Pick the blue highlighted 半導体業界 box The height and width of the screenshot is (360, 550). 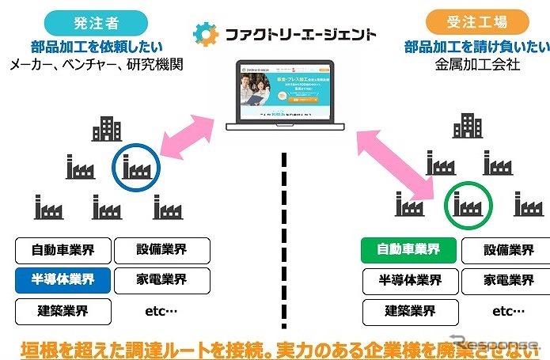pyautogui.click(x=63, y=279)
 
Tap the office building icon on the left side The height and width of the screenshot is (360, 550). pyautogui.click(x=107, y=129)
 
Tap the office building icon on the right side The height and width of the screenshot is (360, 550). pyautogui.click(x=468, y=127)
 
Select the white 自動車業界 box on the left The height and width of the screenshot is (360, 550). pyautogui.click(x=63, y=251)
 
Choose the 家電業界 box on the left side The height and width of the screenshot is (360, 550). pyautogui.click(x=162, y=279)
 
